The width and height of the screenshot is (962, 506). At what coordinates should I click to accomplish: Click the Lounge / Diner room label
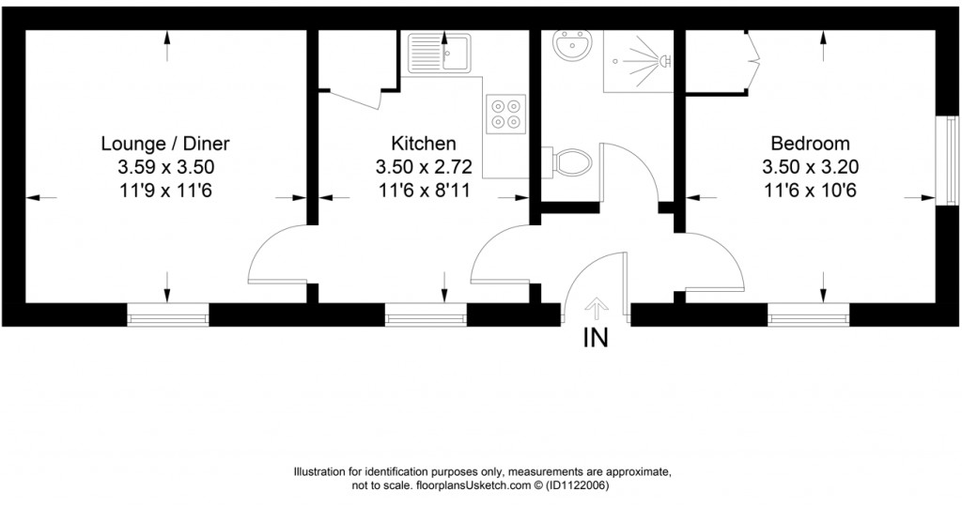click(165, 144)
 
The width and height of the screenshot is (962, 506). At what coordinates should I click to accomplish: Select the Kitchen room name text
click(424, 144)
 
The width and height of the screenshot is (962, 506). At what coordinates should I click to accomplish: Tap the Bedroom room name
click(810, 144)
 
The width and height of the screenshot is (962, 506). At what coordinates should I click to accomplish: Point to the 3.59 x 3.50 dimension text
click(165, 167)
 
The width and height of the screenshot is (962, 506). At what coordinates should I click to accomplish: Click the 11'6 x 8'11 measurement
click(424, 191)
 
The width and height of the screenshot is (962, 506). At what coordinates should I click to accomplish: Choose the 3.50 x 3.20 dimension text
click(810, 167)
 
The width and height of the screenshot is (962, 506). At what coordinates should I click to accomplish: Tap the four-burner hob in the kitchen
click(504, 112)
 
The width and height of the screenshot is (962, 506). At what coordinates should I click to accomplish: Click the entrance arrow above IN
click(596, 307)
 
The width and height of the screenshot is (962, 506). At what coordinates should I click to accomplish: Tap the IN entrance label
click(596, 338)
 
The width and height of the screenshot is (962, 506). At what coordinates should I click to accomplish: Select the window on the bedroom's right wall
click(943, 160)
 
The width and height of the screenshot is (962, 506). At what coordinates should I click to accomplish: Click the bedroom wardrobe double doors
click(753, 62)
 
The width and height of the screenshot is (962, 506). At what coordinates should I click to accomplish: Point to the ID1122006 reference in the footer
click(577, 485)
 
